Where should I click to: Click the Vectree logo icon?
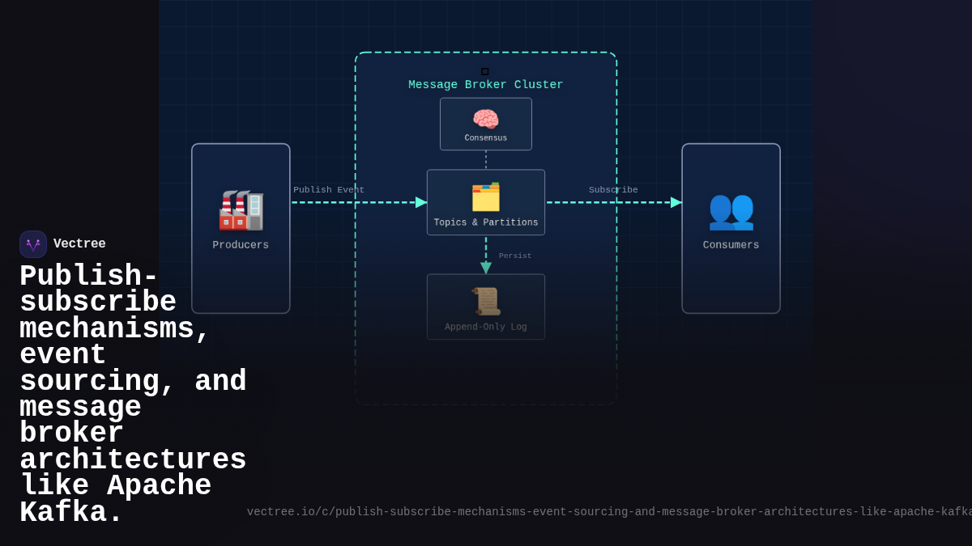(33, 244)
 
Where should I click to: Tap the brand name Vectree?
(79, 244)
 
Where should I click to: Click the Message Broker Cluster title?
(485, 85)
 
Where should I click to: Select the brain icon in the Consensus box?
(486, 119)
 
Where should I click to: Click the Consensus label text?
(486, 138)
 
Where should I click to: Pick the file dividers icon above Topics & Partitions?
(486, 197)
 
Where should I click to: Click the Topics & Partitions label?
(486, 223)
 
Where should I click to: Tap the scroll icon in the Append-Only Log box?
(486, 301)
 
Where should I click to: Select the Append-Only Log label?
(486, 328)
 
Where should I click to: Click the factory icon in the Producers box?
(241, 210)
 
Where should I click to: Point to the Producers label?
(241, 245)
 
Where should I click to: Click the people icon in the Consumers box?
(731, 210)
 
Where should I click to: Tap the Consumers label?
(731, 245)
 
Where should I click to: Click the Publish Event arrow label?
(329, 190)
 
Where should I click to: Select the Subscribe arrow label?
(613, 190)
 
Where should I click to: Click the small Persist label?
(515, 256)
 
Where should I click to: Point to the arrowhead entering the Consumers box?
(676, 202)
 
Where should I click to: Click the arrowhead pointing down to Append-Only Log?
(486, 268)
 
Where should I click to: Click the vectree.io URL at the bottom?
(607, 512)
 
